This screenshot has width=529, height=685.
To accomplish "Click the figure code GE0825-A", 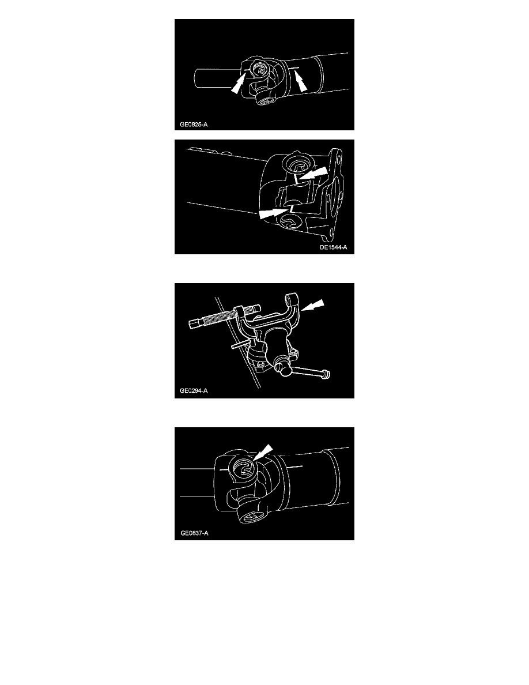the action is click(x=194, y=125).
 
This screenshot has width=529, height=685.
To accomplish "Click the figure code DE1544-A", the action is click(x=334, y=247).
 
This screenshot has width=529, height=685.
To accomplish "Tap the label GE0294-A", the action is click(x=194, y=390).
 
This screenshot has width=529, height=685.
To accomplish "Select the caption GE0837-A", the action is click(x=194, y=533).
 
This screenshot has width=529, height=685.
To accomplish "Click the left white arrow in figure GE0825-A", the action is click(x=239, y=82).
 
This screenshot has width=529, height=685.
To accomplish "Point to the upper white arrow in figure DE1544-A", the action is click(x=312, y=173).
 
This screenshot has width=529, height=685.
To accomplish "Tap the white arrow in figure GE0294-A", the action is click(x=313, y=305).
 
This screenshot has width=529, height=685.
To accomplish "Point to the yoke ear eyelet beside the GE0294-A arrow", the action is click(x=291, y=302).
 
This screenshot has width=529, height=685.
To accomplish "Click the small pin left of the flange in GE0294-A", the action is click(x=240, y=345).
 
